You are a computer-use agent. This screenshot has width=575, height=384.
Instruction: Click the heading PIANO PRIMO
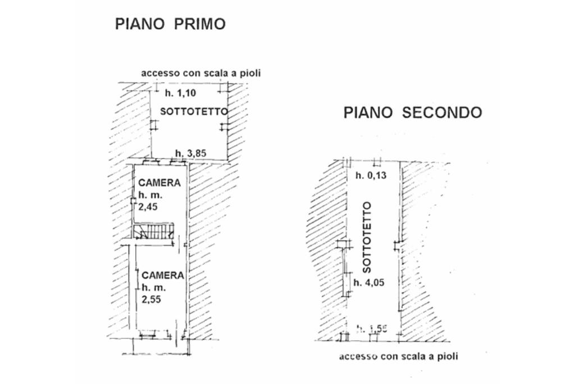coord(170,24)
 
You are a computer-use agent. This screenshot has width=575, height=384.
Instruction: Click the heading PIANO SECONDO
coord(413,113)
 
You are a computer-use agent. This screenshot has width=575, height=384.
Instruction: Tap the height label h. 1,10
coord(180,93)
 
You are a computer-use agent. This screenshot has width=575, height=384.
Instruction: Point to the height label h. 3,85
coord(191,153)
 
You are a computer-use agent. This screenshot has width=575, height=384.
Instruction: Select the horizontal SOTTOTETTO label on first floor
coord(194,111)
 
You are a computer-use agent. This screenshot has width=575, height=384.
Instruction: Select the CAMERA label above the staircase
coord(160,183)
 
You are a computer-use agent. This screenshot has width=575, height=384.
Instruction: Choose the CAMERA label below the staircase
coord(162,275)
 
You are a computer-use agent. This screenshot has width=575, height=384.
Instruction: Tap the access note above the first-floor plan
coord(200,73)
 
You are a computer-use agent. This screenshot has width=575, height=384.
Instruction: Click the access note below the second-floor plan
coord(398,356)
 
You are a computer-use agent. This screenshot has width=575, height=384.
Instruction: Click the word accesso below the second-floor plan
coord(356,356)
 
